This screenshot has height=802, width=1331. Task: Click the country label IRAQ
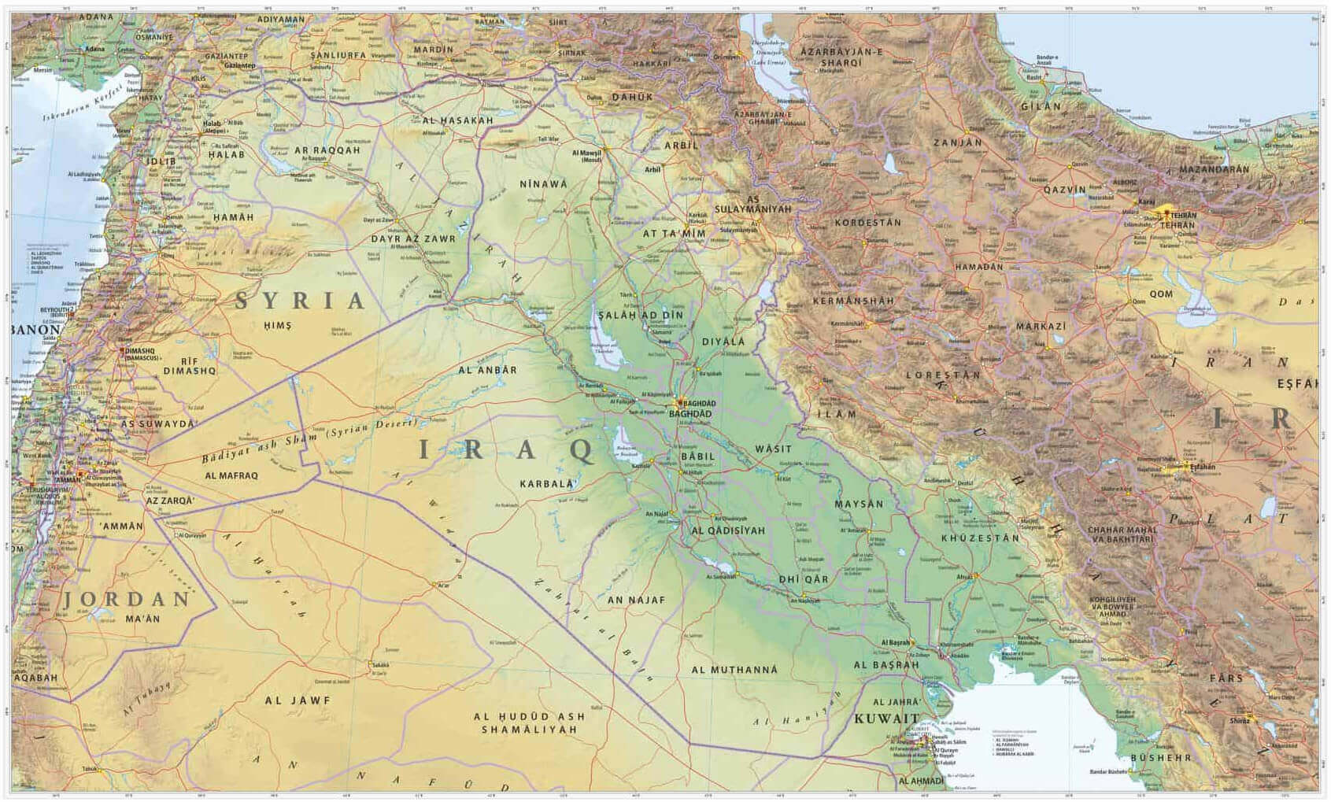506,450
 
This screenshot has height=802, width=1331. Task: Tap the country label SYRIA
301,300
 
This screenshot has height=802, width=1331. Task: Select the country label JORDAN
127,599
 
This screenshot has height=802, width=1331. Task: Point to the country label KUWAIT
887,719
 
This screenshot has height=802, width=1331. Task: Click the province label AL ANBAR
488,369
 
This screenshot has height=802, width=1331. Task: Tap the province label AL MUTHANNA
734,670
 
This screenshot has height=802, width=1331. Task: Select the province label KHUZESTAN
980,538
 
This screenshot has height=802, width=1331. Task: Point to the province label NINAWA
543,183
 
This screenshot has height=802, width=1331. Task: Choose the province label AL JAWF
298,700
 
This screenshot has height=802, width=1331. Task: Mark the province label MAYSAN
859,504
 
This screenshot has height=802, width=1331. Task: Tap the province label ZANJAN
958,142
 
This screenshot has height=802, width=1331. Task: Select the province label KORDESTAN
868,223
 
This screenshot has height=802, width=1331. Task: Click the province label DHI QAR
803,579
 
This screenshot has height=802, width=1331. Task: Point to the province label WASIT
773,449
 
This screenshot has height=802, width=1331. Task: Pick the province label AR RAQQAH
327,150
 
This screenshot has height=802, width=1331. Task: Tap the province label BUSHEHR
1161,758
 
